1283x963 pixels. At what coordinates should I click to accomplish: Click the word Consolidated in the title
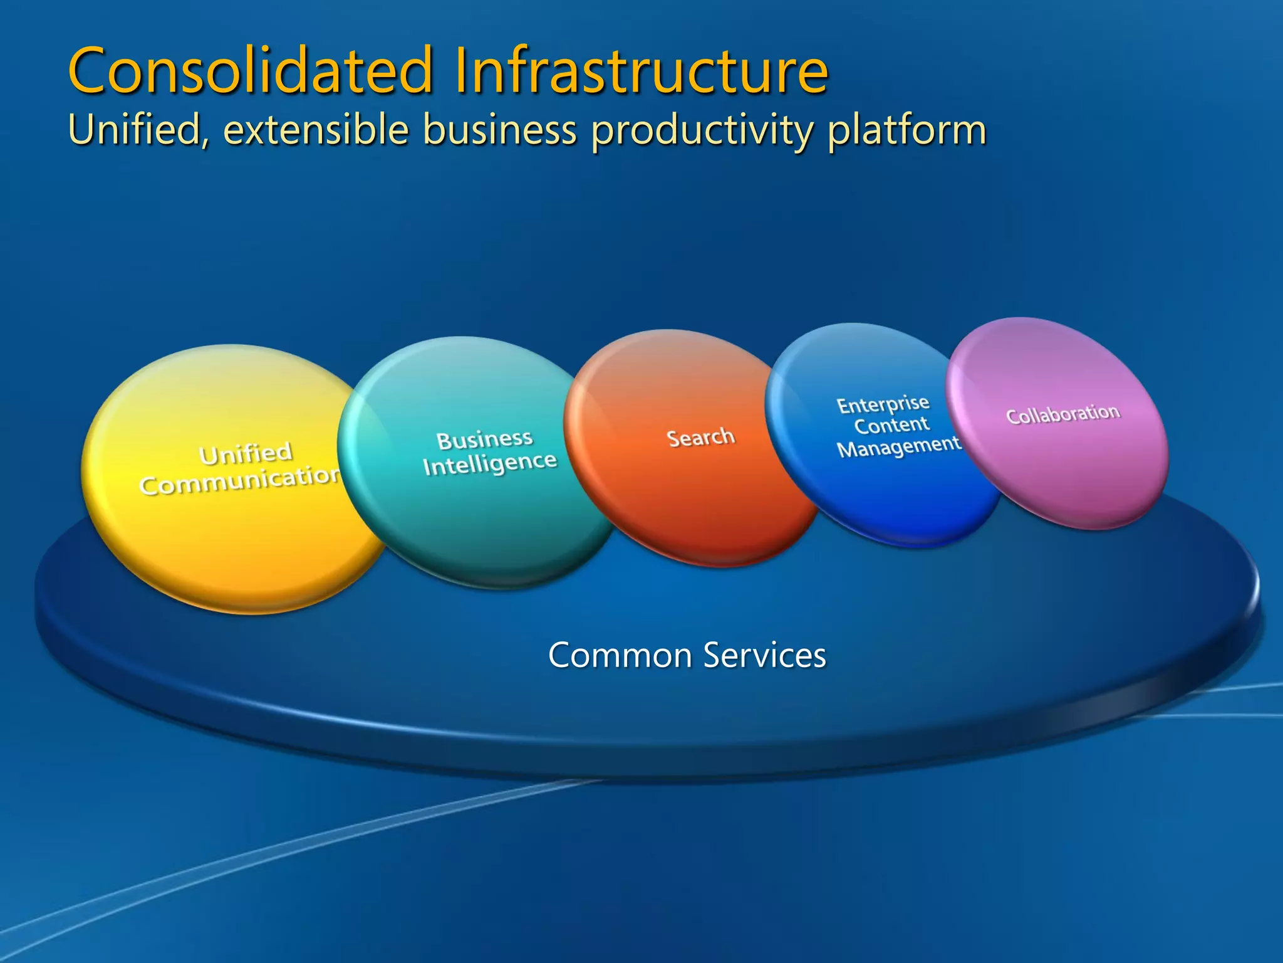pos(251,70)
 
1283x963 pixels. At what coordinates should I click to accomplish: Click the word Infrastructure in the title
pos(641,70)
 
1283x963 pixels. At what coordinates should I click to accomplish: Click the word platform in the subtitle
pos(906,130)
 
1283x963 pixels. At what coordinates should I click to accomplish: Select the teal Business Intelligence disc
pos(476,514)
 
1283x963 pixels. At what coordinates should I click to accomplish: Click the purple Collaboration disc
pos(1065,464)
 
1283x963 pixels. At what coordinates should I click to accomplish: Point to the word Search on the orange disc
pos(700,438)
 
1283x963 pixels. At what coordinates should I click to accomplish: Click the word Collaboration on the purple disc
pos(1062,414)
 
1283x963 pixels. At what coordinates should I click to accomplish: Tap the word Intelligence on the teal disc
pos(489,463)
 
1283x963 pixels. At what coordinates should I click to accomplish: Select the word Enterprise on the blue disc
pos(883,404)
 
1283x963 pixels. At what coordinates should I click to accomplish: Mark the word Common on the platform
pos(620,656)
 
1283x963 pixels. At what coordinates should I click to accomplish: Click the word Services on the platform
pos(764,656)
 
